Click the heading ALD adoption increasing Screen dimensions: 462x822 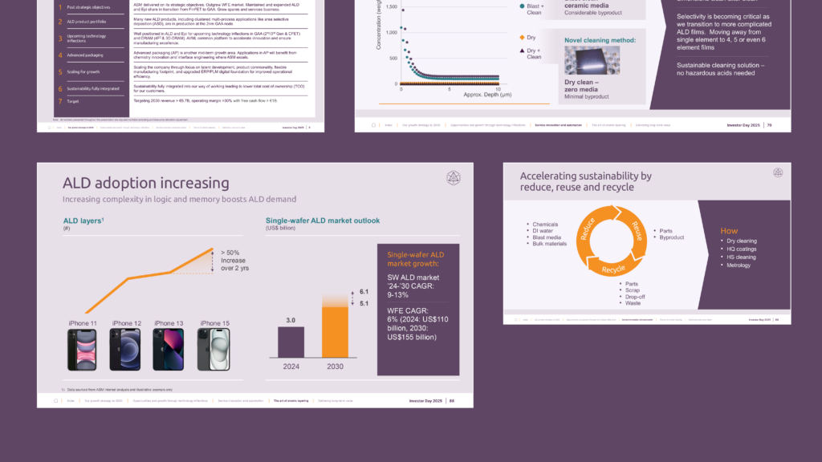[x=145, y=184]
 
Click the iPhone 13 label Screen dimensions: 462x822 [x=169, y=323]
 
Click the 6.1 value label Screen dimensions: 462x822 [x=364, y=291]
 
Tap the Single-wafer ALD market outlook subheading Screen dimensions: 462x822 [x=322, y=221]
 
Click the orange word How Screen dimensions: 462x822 [x=728, y=231]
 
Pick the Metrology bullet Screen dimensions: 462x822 [x=740, y=265]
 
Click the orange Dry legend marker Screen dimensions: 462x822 [x=520, y=38]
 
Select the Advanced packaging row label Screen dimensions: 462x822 [x=86, y=55]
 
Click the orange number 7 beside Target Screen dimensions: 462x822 [x=59, y=102]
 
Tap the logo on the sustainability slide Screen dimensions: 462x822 [x=777, y=172]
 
